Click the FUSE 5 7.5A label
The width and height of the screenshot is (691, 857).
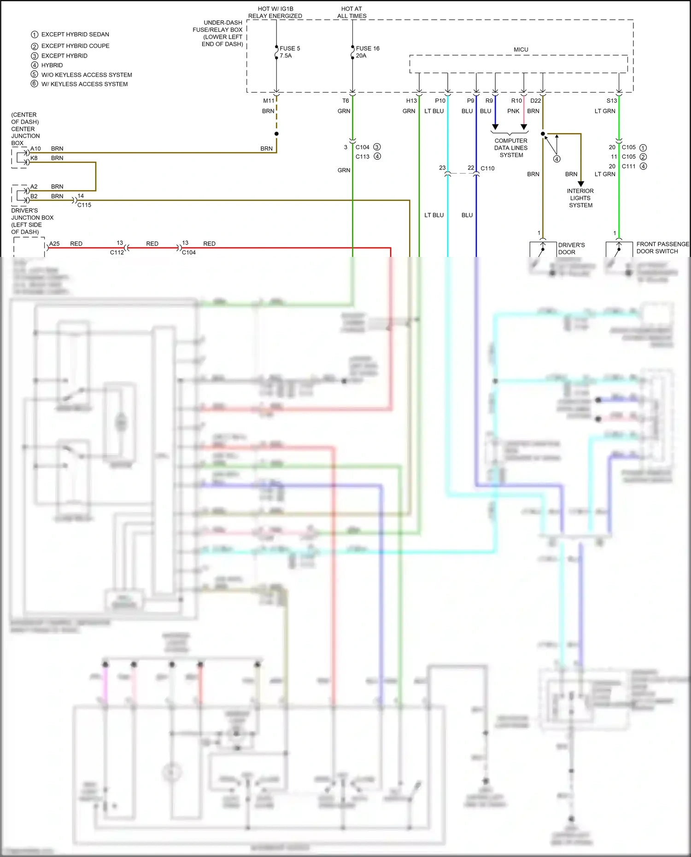[289, 52]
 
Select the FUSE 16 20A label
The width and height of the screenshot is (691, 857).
[367, 52]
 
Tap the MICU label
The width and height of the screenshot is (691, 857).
[521, 50]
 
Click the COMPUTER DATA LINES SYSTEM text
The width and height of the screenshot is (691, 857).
[511, 148]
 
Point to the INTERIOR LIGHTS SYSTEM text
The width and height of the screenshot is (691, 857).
[580, 198]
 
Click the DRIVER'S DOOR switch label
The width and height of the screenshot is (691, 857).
[571, 249]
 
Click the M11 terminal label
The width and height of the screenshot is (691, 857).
[269, 101]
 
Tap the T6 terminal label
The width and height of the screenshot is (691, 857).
[345, 101]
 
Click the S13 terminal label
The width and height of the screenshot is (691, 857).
[611, 101]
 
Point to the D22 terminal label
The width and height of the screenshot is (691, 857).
[535, 101]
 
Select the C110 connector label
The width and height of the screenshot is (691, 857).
[487, 169]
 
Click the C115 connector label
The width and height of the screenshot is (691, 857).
[84, 205]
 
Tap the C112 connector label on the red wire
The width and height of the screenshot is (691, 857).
[117, 252]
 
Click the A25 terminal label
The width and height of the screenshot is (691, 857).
[54, 244]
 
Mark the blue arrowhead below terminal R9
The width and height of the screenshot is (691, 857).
[495, 127]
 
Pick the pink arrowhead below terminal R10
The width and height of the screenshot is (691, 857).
[524, 127]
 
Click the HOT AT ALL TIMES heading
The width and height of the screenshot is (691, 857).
[351, 12]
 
